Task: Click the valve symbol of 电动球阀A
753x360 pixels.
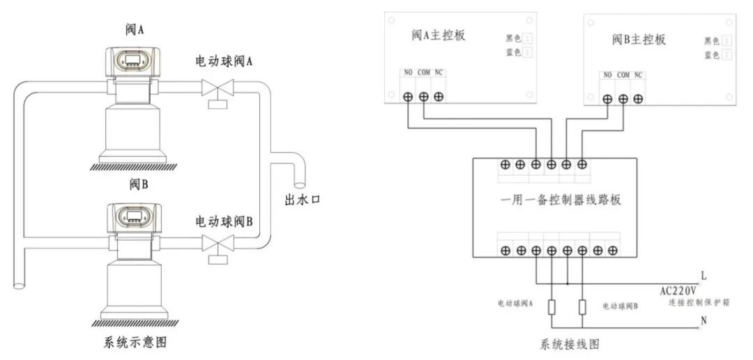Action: tap(217, 89)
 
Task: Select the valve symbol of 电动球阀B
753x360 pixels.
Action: tap(217, 243)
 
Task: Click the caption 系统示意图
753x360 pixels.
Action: tap(135, 343)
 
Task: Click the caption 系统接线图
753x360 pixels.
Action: tap(570, 345)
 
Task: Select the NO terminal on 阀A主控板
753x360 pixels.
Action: tap(408, 97)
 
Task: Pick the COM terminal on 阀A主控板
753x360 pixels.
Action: tap(423, 97)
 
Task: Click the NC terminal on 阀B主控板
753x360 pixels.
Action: tap(638, 99)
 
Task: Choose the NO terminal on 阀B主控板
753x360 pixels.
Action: tap(607, 99)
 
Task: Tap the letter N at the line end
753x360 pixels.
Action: tap(701, 321)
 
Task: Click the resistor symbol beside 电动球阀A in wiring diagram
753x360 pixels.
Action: tap(551, 306)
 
